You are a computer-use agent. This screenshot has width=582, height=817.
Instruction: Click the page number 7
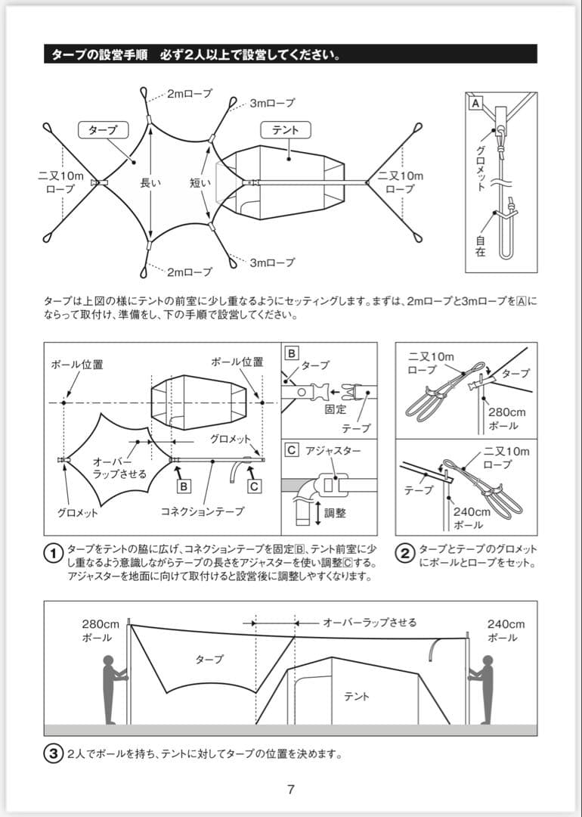click(x=291, y=789)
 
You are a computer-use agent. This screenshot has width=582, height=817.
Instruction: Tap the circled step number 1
click(x=53, y=554)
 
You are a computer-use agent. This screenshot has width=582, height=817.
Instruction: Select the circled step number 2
click(x=406, y=554)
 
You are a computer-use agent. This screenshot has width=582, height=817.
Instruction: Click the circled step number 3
click(x=53, y=753)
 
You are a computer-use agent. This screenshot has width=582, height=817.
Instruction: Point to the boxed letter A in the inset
click(x=475, y=101)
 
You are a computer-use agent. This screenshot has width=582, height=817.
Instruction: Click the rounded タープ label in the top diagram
click(x=103, y=130)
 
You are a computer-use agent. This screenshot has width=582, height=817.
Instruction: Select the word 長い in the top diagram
click(x=150, y=182)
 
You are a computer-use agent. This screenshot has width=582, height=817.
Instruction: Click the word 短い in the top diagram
click(x=200, y=182)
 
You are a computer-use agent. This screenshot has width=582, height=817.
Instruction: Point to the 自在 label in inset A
click(x=481, y=245)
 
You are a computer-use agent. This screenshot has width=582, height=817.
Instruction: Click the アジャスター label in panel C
click(x=333, y=451)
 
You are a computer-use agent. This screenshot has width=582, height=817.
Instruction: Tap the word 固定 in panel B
click(x=335, y=409)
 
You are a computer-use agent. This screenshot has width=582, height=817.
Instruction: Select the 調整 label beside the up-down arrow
click(x=335, y=512)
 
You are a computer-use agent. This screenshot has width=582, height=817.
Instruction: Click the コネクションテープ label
click(x=203, y=511)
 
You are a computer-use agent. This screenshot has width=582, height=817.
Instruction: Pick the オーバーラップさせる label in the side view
click(x=370, y=623)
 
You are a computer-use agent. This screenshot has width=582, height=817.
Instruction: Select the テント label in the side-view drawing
click(x=357, y=696)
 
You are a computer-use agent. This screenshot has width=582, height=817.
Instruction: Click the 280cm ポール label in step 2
click(x=505, y=418)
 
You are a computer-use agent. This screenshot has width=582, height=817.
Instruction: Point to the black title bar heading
click(x=291, y=54)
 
